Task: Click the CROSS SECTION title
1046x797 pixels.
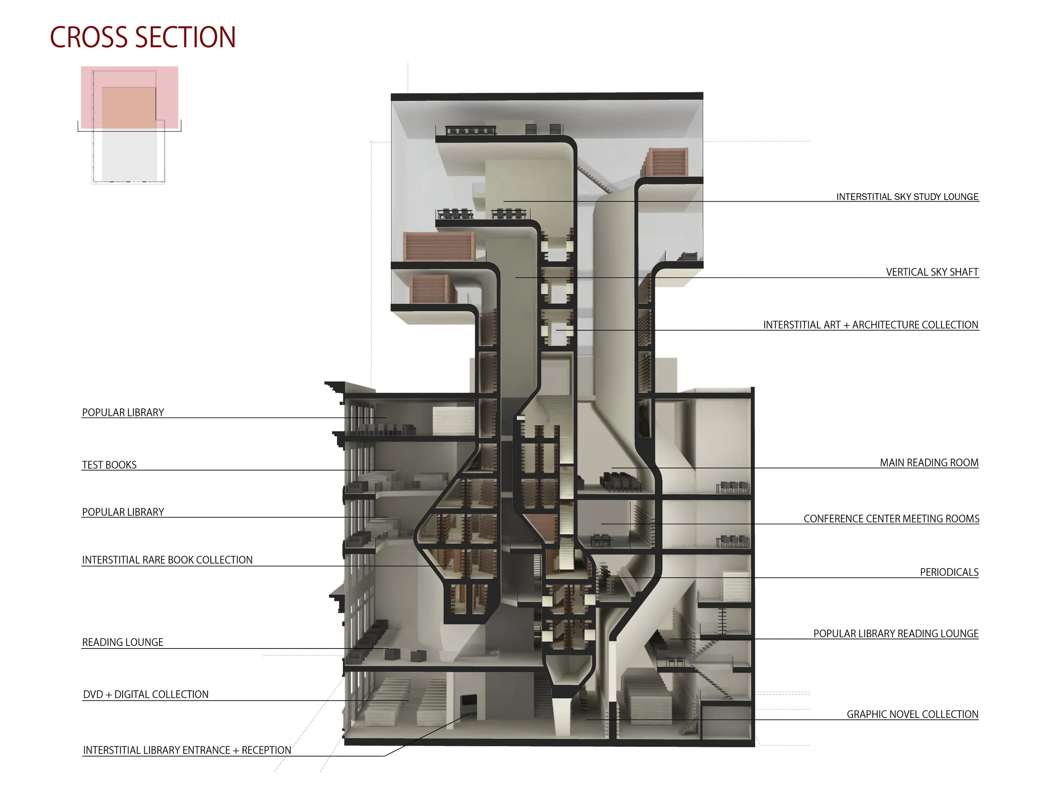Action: (x=142, y=38)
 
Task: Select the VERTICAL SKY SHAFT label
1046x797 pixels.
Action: (x=932, y=272)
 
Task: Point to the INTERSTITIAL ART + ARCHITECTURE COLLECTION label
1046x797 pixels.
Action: (x=870, y=325)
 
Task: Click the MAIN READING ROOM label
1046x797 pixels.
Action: (x=928, y=463)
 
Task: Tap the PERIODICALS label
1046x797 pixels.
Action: (x=949, y=572)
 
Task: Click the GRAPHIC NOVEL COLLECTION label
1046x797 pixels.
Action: (x=912, y=715)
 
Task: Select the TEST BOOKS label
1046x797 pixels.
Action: (x=109, y=465)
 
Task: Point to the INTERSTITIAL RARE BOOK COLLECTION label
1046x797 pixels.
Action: (x=167, y=560)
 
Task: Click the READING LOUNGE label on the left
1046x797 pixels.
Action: (x=123, y=642)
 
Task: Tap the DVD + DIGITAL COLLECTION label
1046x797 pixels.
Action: (x=146, y=694)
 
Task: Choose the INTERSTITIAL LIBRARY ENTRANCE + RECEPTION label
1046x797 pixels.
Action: (x=187, y=750)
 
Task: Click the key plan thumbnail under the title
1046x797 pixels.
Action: (x=129, y=124)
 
